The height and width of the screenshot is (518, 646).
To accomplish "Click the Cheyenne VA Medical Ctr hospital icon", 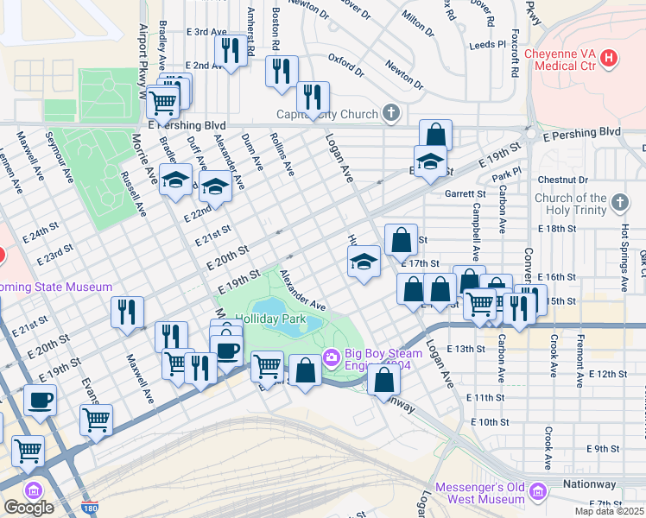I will point(610,60).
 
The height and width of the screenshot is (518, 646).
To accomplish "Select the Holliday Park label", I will point(271,319).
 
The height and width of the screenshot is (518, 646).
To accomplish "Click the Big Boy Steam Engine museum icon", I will point(330,357).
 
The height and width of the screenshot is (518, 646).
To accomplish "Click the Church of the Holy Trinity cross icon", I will point(618,203).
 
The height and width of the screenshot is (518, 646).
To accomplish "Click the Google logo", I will point(28,507).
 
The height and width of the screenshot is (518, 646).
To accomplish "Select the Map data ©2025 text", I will point(609,511).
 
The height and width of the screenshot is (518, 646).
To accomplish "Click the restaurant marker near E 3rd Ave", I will point(229,49).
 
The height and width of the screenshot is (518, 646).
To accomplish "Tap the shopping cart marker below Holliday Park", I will point(267,365).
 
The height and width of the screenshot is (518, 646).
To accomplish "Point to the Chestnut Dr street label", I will point(562,180).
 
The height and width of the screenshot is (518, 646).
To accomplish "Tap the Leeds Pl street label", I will point(487,45).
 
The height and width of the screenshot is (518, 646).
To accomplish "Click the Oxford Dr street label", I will point(345,60).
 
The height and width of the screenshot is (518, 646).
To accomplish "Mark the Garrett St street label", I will point(460,194).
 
